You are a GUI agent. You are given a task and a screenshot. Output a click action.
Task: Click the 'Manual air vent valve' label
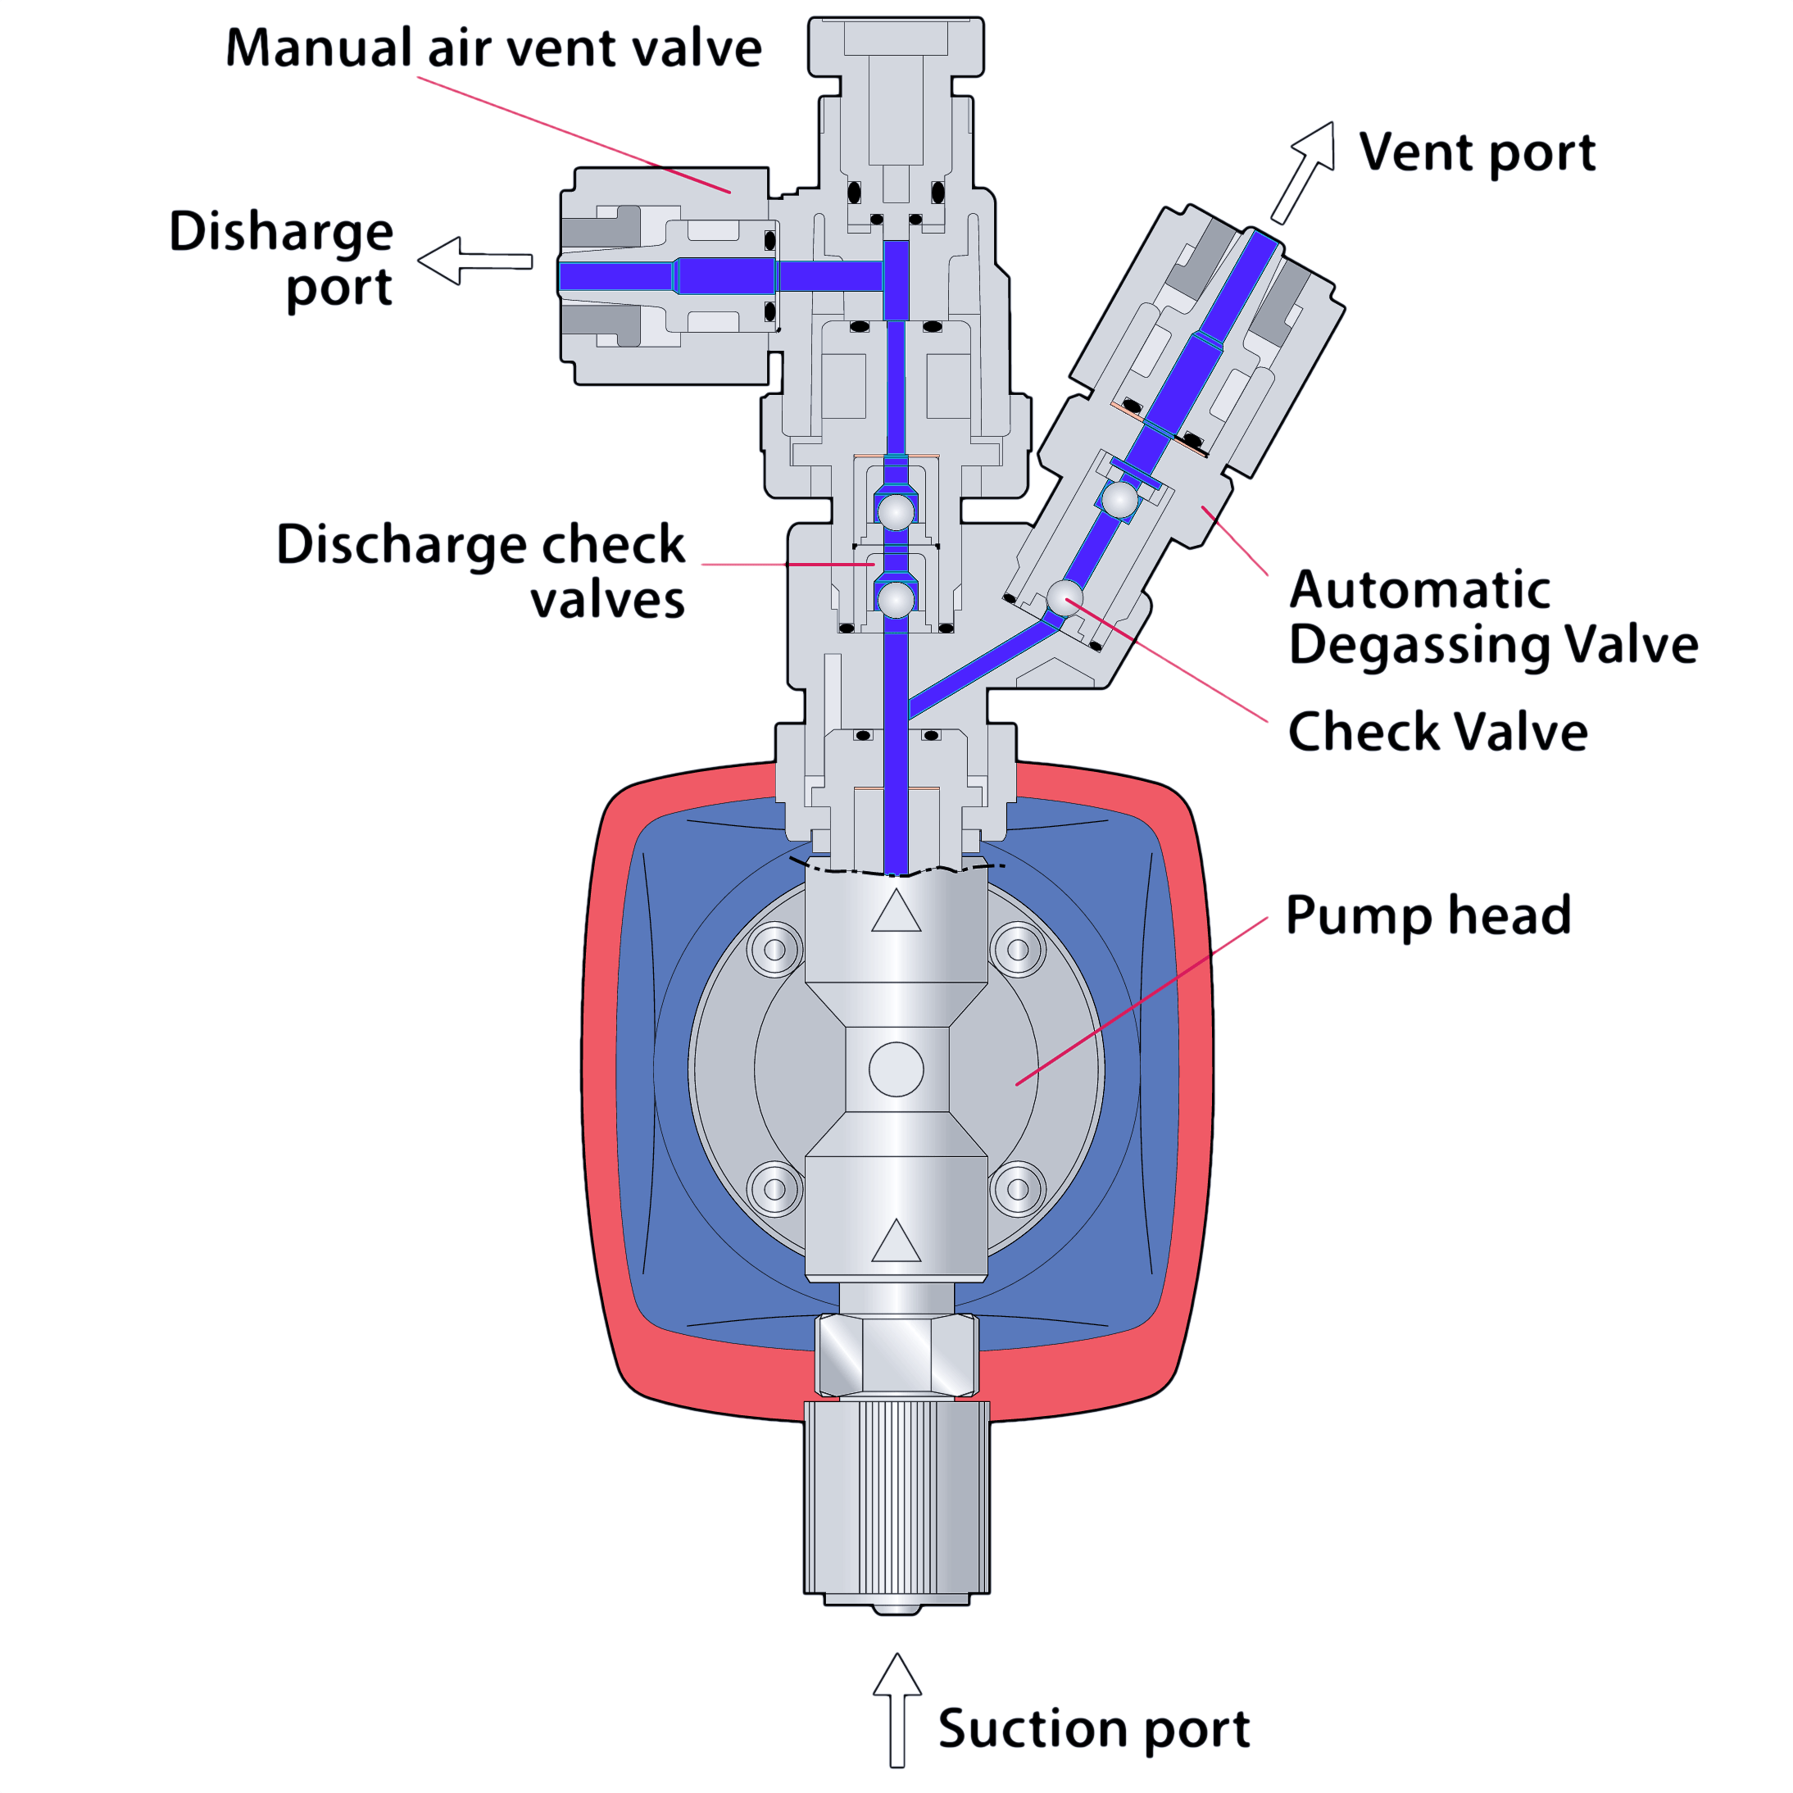pos(493,48)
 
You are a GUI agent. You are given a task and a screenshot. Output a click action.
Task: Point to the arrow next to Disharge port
pos(474,261)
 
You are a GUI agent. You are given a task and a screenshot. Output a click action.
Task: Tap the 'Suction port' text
pos(1093,1729)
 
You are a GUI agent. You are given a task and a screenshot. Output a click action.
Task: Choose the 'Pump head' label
pos(1428,916)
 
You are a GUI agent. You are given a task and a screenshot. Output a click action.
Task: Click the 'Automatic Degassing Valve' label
pos(1492,617)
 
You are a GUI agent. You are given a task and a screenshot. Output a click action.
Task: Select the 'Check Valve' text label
pos(1437,731)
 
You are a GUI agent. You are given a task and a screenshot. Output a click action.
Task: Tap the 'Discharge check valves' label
pos(481,570)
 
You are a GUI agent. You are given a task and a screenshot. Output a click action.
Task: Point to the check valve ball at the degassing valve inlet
pos(1064,597)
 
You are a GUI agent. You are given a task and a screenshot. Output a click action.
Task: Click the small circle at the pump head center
pos(896,1069)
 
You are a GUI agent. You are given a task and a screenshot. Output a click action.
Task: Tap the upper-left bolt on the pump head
pos(775,950)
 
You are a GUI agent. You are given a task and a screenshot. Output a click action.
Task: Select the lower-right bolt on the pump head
pos(1018,1189)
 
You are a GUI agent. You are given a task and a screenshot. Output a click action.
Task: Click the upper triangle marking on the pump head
pos(896,912)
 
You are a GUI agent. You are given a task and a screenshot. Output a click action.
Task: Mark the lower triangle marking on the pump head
pos(896,1241)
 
